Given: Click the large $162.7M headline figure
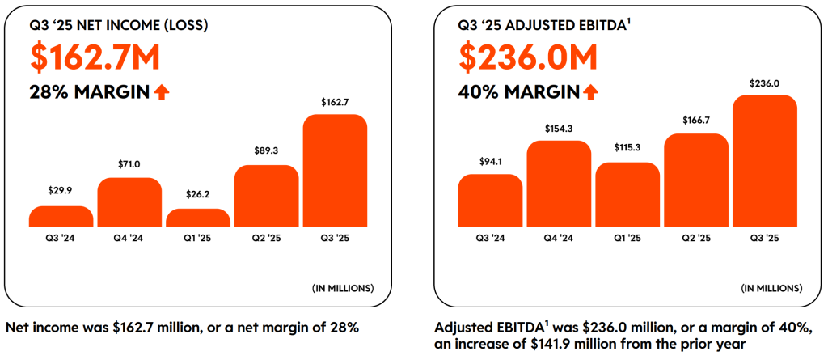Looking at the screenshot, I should pyautogui.click(x=95, y=57).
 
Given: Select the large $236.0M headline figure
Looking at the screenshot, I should pyautogui.click(x=528, y=57).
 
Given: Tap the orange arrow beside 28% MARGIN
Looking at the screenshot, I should pyautogui.click(x=162, y=92).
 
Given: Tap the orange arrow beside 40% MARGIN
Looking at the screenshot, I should pyautogui.click(x=590, y=92).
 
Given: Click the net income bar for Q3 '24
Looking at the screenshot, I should pyautogui.click(x=61, y=216).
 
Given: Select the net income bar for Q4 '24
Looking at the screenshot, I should pyautogui.click(x=129, y=202).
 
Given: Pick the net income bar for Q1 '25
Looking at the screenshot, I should pyautogui.click(x=198, y=218).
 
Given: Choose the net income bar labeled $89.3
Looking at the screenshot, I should pyautogui.click(x=267, y=196).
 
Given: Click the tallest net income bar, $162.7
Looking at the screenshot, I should pyautogui.click(x=335, y=170).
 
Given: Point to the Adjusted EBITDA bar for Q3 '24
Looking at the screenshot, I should pyautogui.click(x=490, y=200).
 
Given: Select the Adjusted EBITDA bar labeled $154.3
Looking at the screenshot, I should pyautogui.click(x=559, y=184).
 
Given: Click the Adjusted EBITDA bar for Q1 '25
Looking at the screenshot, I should pyautogui.click(x=627, y=194).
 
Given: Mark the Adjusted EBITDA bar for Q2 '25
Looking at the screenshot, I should pyautogui.click(x=696, y=180).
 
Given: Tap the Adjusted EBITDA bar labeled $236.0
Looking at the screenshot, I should pyautogui.click(x=765, y=160).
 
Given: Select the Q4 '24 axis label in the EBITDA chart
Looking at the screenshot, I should pyautogui.click(x=559, y=238).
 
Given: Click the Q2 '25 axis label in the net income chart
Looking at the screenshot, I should pyautogui.click(x=267, y=238).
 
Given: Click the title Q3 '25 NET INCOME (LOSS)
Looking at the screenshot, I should pyautogui.click(x=119, y=25).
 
